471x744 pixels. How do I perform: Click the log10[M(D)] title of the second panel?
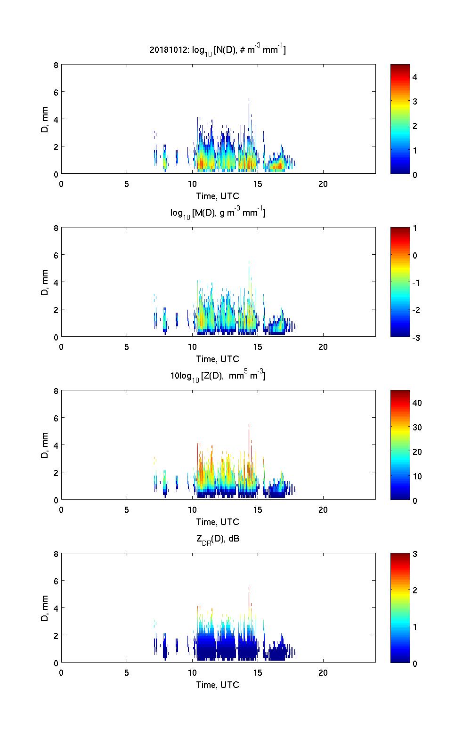coord(218,213)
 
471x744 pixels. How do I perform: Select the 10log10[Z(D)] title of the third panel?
coord(218,376)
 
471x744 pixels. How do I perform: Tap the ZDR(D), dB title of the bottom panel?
coord(218,539)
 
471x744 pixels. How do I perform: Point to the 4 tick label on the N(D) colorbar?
coord(415,77)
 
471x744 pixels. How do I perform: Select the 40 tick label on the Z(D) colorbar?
coord(417,403)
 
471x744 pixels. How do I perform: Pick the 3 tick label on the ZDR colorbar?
coord(415,554)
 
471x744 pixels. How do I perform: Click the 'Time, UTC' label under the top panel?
coord(218,196)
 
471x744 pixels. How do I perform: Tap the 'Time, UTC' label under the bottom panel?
coord(218,685)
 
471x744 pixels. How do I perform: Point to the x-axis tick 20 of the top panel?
coord(323,184)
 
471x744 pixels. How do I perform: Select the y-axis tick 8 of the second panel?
coord(56,228)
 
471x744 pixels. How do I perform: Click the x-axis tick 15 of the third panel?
coord(257,510)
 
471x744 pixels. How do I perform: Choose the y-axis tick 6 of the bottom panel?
coord(56,581)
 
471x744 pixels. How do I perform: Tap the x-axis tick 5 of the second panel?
coord(127,347)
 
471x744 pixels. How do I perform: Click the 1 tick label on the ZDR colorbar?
coord(415,627)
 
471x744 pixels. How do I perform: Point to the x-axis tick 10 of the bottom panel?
coord(192,673)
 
